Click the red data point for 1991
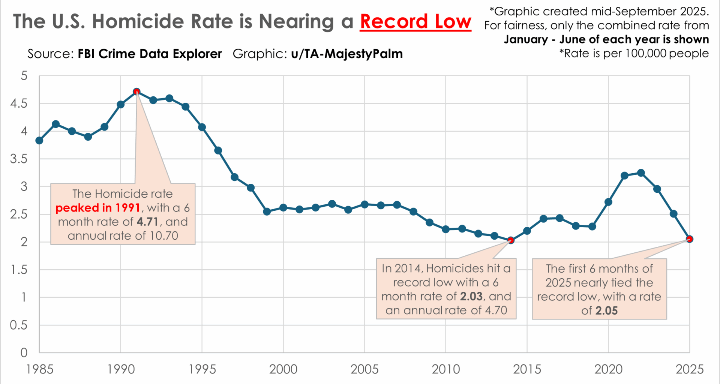point(136,91)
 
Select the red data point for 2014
point(510,240)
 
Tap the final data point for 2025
point(689,239)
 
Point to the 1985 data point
point(39,141)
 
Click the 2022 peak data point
point(641,173)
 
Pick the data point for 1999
point(267,211)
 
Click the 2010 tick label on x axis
point(445,369)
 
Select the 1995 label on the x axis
point(202,369)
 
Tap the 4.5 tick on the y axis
point(19,103)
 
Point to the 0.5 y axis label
point(19,325)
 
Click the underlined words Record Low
point(415,21)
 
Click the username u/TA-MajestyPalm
point(347,54)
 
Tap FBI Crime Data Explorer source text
point(150,54)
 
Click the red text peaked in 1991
point(98,208)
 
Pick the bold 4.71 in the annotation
point(147,222)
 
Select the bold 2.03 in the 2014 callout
point(471,297)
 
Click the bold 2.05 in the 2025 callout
point(606,311)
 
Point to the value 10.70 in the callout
point(164,236)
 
